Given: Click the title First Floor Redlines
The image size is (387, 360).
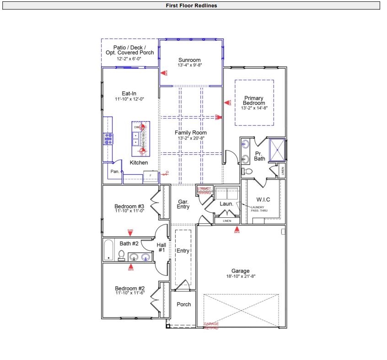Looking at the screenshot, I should coord(191,5).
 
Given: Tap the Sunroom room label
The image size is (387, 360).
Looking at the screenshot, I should coord(189,60).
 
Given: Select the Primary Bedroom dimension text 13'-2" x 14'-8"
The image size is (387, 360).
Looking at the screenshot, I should coord(254,108).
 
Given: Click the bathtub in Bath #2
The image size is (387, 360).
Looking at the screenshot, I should coord(108,250).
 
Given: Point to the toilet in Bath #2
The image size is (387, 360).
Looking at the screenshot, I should coord(122,255).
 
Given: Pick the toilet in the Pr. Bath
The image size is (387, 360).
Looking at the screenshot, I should coord(247,171).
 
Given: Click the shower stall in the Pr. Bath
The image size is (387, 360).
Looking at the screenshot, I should coord(277,150).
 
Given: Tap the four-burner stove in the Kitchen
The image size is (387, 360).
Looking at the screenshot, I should coord(108,139).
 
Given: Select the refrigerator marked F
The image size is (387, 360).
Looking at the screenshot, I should coord(150,177).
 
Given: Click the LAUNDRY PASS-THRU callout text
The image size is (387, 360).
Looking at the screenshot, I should coord(260,209).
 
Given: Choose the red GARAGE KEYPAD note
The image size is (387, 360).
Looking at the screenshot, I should coord(211,326).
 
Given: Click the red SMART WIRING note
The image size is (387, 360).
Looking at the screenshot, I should coord(204,191).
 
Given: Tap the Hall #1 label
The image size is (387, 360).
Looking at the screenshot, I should coord(161,247).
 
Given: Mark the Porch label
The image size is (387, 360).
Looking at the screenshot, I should coord(183,304).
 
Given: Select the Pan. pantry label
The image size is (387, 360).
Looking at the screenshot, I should coord(115,172).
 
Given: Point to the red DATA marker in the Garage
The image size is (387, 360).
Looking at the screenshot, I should coord(236,229).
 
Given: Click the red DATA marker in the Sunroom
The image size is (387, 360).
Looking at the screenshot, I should coord(164,73).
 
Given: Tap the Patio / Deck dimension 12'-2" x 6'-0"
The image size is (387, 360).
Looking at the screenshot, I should coord(129,59).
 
